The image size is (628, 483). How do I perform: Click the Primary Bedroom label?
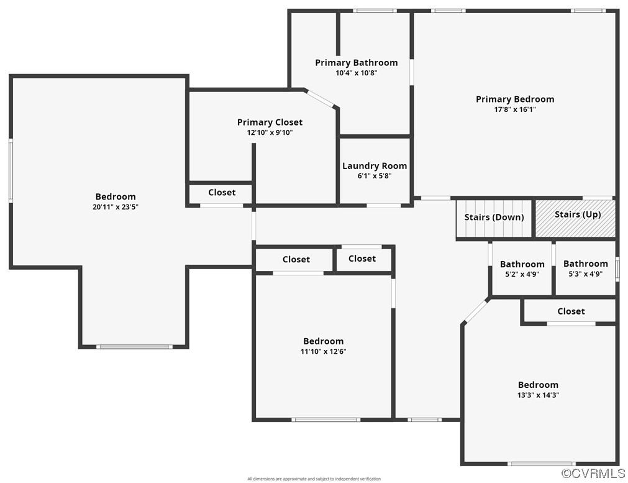tap(515, 99)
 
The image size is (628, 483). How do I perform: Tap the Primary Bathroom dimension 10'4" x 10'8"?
tap(357, 73)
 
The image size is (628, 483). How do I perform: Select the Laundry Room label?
tap(375, 165)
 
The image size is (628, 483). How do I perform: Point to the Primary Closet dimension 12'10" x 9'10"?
tap(270, 132)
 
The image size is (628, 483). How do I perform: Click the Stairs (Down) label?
tap(494, 217)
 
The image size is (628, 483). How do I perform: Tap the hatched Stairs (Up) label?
tap(578, 214)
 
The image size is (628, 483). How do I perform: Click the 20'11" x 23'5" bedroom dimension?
tap(116, 207)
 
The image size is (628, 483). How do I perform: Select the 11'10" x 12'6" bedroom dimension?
tap(323, 352)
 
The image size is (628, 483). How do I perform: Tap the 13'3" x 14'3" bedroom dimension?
tap(538, 395)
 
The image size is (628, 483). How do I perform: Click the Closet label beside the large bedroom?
tap(222, 193)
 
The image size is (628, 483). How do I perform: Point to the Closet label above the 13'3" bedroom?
tap(571, 311)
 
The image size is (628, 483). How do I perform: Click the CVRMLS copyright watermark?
tap(593, 474)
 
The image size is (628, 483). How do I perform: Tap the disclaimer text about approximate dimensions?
tap(314, 479)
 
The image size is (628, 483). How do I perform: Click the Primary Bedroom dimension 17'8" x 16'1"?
tap(515, 109)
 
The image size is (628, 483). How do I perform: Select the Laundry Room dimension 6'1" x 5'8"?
tap(375, 176)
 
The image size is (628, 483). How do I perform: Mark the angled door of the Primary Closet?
tap(320, 99)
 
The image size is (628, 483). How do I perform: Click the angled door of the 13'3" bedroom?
tap(475, 310)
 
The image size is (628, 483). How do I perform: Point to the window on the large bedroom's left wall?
tap(11, 170)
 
